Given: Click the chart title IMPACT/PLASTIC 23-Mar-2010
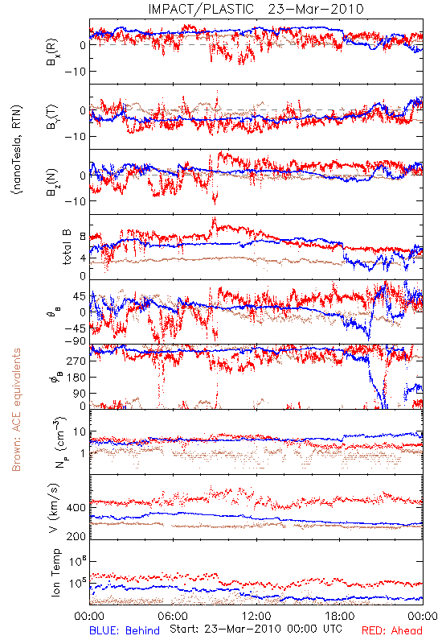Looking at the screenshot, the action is pos(256,9).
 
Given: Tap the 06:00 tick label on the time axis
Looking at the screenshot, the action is pos(173,616).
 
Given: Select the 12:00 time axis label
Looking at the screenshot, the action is pos(256,616).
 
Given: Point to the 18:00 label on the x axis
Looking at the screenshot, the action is pos(340,616).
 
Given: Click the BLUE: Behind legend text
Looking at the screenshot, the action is pos(125,631).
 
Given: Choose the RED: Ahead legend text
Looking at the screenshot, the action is pos(392,631).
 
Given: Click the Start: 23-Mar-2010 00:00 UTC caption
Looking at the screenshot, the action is pos(256,629).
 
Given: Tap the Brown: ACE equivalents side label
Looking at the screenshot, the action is pos(16,410).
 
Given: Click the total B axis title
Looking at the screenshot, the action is pos(67,247).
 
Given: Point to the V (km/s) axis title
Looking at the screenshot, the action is pos(54,508).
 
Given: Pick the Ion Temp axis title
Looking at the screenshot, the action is pos(56,572).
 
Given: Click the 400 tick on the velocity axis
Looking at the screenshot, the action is pos(76,508).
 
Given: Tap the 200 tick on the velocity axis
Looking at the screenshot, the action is pos(76,536).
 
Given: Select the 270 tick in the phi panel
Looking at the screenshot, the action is pos(76,361).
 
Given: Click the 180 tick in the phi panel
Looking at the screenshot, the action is pos(76,377).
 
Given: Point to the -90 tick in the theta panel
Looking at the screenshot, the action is pos(74,341).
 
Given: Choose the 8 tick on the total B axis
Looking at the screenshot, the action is pos(83,237).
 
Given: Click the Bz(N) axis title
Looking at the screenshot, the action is pos(52,182).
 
